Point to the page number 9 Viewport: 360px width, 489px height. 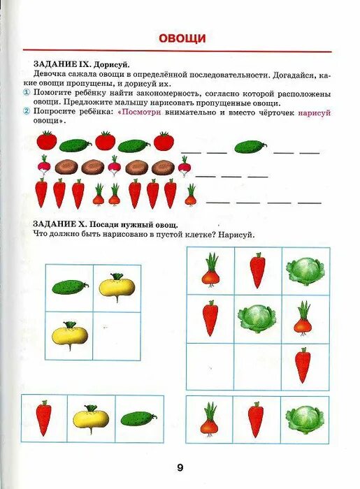[x=180, y=467]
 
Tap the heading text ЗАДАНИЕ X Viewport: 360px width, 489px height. [x=58, y=224]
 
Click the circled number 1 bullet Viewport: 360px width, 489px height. [x=26, y=92]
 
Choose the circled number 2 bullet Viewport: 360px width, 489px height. [x=26, y=112]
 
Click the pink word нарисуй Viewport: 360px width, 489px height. [x=314, y=112]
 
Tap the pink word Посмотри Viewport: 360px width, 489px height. [x=143, y=112]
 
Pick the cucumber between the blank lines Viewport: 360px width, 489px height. [x=250, y=147]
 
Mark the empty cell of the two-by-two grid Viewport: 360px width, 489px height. [x=117, y=335]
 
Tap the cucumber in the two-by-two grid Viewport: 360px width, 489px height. [x=70, y=287]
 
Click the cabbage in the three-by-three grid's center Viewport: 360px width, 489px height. [x=258, y=318]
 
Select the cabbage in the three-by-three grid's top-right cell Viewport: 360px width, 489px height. [x=305, y=270]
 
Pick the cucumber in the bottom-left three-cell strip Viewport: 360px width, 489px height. [x=138, y=419]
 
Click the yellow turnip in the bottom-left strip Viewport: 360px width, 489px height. [x=92, y=418]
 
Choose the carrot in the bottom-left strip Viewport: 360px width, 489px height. [x=44, y=418]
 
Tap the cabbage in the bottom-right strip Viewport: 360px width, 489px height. [x=305, y=419]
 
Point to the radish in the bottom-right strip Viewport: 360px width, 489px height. [x=210, y=420]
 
